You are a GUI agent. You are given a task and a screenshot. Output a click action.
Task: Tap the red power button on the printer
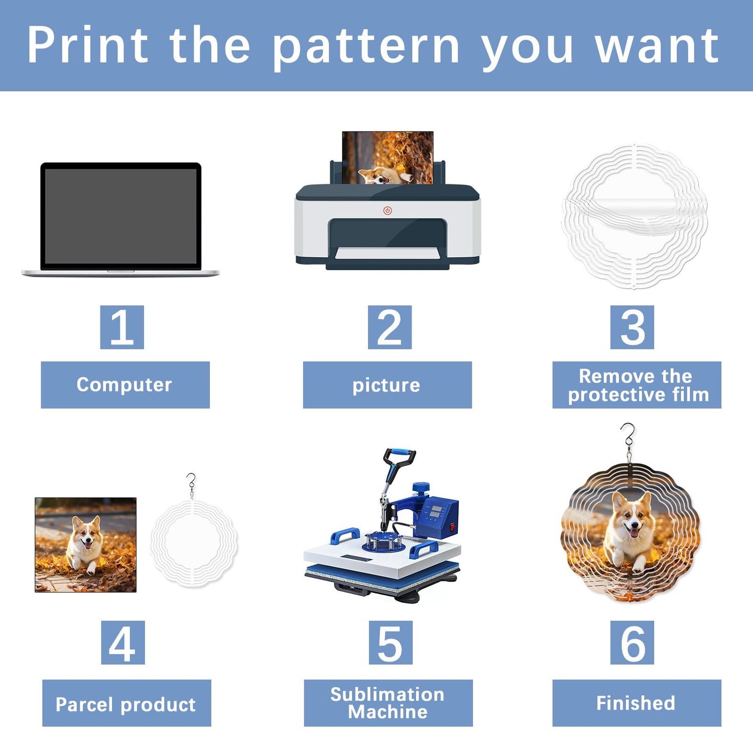click(388, 211)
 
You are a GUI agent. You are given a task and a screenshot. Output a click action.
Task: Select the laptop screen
click(121, 216)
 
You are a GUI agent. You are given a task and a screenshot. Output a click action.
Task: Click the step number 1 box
click(122, 327)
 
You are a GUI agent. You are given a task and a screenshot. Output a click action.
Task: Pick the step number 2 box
click(390, 327)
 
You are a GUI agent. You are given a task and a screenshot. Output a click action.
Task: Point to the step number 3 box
click(632, 327)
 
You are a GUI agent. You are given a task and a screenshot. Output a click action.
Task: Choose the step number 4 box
click(123, 643)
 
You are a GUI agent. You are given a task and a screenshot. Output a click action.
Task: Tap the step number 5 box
click(391, 643)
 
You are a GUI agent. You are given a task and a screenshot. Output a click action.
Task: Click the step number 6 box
click(632, 643)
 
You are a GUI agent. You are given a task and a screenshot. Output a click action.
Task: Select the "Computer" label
click(125, 385)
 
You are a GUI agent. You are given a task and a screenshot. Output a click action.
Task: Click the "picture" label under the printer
click(387, 385)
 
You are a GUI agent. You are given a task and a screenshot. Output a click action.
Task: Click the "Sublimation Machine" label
click(388, 703)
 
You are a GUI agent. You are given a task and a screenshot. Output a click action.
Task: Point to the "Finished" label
click(637, 703)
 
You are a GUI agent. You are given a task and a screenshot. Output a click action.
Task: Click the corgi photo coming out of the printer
click(388, 158)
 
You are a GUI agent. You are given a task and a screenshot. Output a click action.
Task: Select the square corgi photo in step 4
click(86, 545)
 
